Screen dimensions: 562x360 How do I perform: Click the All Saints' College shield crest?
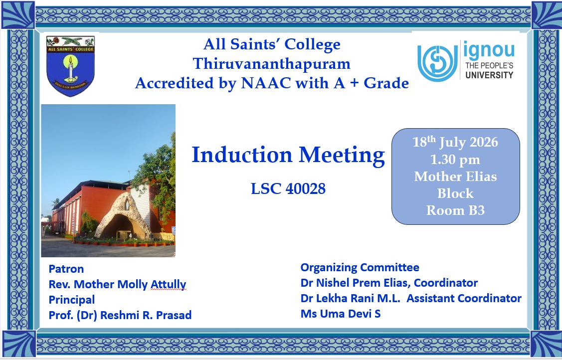pyautogui.click(x=70, y=66)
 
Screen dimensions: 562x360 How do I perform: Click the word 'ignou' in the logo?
pyautogui.click(x=489, y=50)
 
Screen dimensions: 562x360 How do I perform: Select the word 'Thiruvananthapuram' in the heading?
pyautogui.click(x=272, y=64)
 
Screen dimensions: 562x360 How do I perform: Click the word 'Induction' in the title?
pyautogui.click(x=242, y=155)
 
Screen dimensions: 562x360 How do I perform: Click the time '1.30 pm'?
pyautogui.click(x=455, y=160)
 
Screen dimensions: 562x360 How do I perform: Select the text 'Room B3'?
pyautogui.click(x=455, y=210)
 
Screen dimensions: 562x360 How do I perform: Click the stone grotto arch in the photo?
pyautogui.click(x=122, y=217)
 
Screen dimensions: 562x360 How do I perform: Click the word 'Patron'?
pyautogui.click(x=66, y=269)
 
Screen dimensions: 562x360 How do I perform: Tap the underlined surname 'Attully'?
pyautogui.click(x=169, y=284)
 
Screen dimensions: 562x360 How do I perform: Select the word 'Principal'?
pyautogui.click(x=72, y=300)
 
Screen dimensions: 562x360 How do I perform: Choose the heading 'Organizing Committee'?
pyautogui.click(x=360, y=268)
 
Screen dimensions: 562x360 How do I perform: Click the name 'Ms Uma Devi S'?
pyautogui.click(x=341, y=314)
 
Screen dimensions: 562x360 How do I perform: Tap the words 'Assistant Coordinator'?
pyautogui.click(x=464, y=298)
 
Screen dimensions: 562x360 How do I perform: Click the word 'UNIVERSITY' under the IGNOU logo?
pyautogui.click(x=489, y=75)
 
